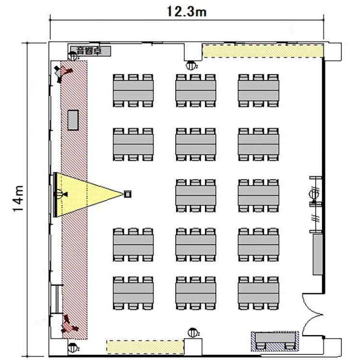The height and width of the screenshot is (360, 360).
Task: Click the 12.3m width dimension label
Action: click(x=186, y=12)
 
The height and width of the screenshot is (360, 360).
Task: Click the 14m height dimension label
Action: click(x=18, y=199)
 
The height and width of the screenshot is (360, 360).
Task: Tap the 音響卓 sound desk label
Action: click(x=90, y=51)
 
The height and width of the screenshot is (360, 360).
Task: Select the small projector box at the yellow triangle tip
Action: click(x=128, y=194)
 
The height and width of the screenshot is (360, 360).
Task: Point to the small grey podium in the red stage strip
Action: click(x=73, y=120)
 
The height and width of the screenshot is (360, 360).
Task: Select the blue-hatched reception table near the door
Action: click(x=275, y=341)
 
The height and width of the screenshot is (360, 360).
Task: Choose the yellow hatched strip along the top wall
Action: click(x=263, y=51)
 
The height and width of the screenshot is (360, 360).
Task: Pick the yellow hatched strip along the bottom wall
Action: click(x=145, y=347)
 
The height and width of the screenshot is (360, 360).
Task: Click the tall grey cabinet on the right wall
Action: click(x=318, y=254)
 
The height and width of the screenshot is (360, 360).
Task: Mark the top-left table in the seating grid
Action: click(x=133, y=90)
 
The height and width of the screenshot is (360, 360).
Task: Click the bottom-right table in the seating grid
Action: click(x=258, y=293)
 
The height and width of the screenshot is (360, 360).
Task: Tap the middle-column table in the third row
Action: click(x=196, y=196)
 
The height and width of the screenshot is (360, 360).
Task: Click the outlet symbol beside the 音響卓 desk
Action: click(x=73, y=56)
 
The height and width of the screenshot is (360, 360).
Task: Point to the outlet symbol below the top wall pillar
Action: click(x=191, y=66)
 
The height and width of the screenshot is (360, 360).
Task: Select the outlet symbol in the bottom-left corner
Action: click(x=72, y=348)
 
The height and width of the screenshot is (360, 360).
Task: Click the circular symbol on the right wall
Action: click(x=314, y=194)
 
